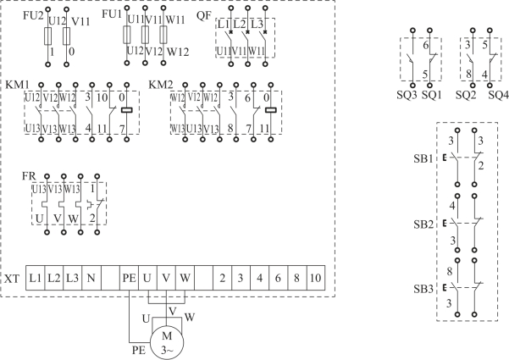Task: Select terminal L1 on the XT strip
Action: tap(36, 278)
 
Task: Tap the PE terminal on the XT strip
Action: tap(129, 278)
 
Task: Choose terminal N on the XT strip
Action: tap(91, 278)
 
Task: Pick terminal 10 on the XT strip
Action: tap(315, 278)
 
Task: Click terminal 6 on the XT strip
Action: tap(278, 278)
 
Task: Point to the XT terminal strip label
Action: tap(12, 278)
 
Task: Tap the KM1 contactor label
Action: tap(15, 86)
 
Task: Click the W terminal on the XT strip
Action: tap(185, 278)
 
